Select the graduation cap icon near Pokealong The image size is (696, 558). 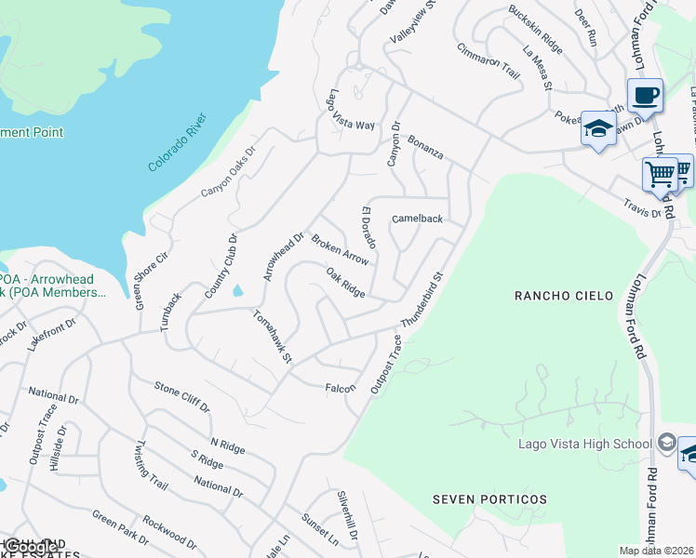click(598, 128)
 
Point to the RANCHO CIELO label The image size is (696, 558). click(565, 296)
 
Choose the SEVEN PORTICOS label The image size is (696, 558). click(490, 499)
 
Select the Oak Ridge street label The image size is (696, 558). click(345, 283)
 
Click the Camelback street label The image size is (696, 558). click(417, 219)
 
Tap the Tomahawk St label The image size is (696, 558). click(274, 337)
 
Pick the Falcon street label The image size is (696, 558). click(340, 388)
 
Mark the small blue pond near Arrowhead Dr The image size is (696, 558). click(238, 291)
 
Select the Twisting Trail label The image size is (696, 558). click(152, 466)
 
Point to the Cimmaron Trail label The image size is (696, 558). click(488, 62)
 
